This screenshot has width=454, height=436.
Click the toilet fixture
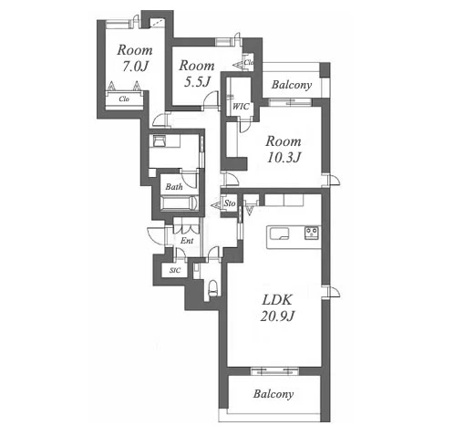[x=213, y=288]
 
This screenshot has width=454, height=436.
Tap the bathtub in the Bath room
[x=180, y=202]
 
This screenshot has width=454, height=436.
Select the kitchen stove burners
[x=312, y=234]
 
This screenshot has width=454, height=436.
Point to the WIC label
[x=241, y=107]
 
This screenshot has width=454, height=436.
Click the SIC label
[x=175, y=270]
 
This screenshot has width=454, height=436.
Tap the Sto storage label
[x=230, y=203]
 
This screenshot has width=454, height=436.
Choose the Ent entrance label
[x=187, y=241]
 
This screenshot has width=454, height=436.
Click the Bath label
[x=174, y=186]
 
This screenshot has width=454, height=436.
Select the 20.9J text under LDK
[x=277, y=317]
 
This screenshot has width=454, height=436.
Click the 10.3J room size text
[x=284, y=158]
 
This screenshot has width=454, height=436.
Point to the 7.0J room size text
[x=135, y=66]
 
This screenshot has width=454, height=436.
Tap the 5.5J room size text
[x=197, y=82]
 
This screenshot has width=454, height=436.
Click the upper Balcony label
[x=292, y=85]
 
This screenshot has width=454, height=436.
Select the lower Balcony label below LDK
[x=273, y=394]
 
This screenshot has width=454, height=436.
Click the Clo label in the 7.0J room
[x=124, y=99]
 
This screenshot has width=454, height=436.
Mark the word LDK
[x=277, y=300]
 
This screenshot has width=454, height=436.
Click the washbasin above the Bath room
[x=160, y=141]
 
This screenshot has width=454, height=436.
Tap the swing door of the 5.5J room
[x=212, y=99]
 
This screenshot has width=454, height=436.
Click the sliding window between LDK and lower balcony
[x=274, y=371]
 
